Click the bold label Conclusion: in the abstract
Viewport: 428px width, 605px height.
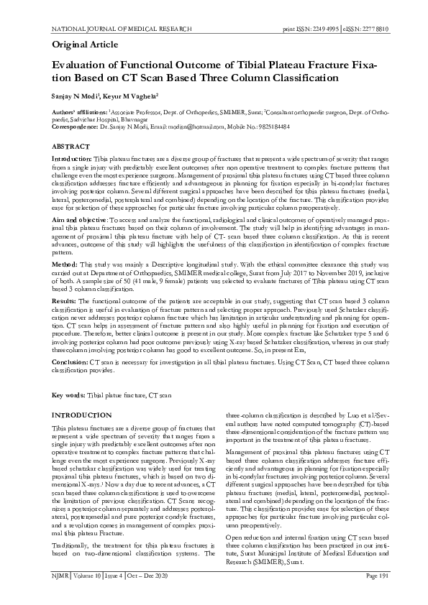point(70,363)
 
